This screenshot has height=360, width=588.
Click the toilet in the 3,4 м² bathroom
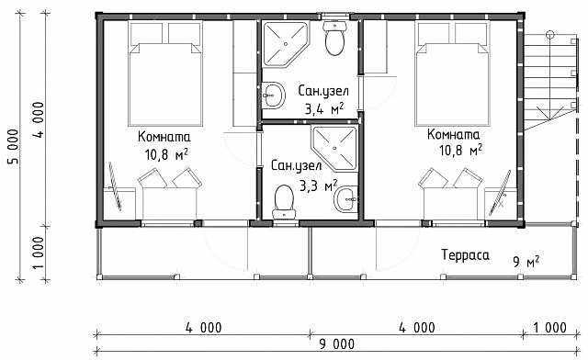(334, 38)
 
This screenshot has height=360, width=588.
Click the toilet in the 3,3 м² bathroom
(284, 202)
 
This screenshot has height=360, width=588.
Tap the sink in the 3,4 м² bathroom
(273, 96)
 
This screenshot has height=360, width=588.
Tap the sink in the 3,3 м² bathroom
(345, 199)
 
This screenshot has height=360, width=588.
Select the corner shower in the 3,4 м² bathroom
(285, 44)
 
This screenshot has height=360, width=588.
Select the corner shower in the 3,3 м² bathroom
(334, 149)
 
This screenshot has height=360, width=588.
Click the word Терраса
(465, 255)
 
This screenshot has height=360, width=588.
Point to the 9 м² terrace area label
(526, 262)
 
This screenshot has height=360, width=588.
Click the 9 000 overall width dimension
(336, 343)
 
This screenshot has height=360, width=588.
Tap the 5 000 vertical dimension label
(12, 147)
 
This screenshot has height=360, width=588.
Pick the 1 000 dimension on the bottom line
(549, 328)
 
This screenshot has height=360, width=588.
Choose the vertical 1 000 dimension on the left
(38, 253)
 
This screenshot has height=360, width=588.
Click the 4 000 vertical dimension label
(38, 119)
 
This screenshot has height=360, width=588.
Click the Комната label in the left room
(164, 137)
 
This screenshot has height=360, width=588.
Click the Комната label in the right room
(453, 134)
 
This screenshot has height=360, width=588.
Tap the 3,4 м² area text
(324, 109)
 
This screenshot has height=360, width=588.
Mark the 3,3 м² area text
(318, 185)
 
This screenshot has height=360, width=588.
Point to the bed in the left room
(165, 73)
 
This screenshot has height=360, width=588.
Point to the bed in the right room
(452, 73)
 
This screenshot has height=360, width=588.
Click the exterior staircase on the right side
(549, 81)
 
